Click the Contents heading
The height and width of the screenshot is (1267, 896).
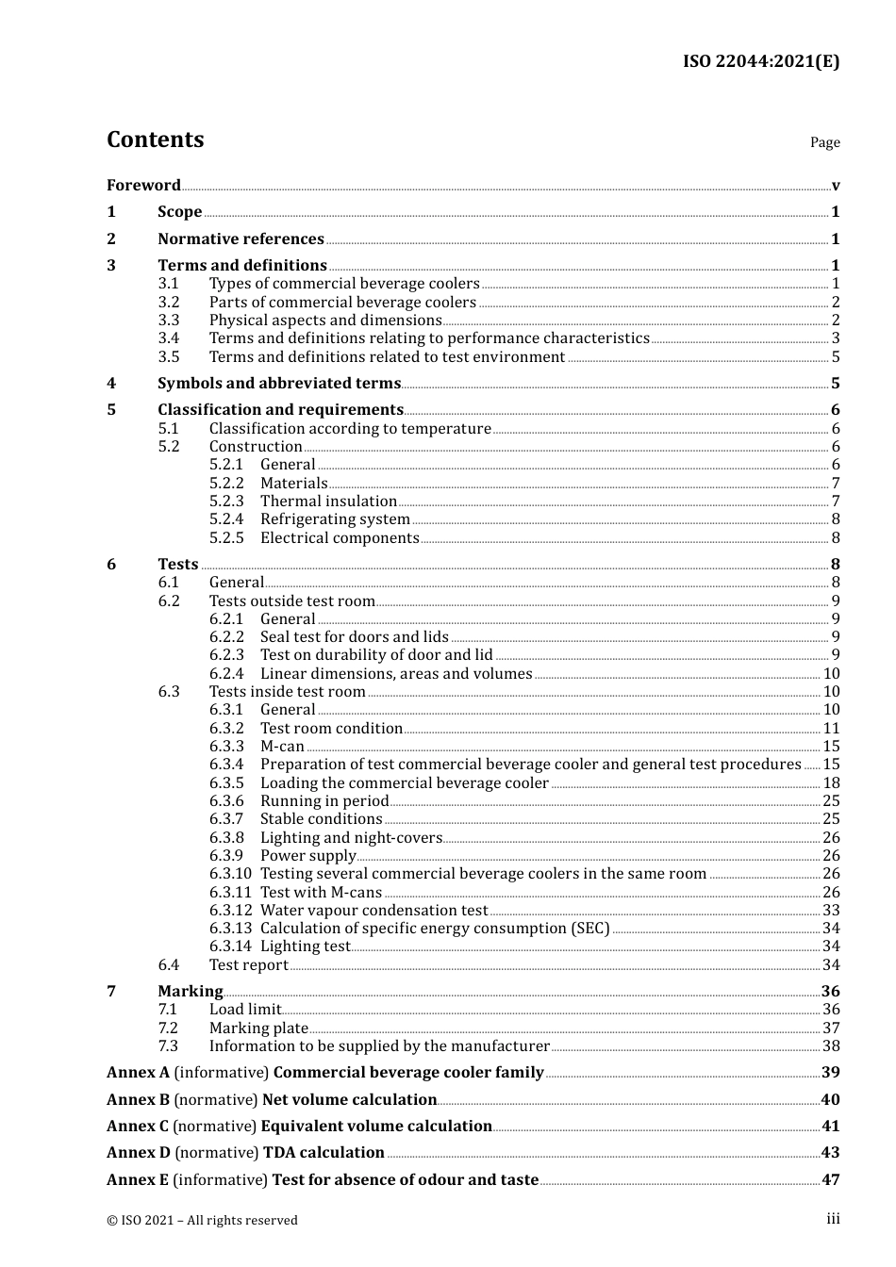click(x=155, y=140)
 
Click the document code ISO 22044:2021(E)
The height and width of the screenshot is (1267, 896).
click(x=760, y=61)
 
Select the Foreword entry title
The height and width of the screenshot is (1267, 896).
click(x=143, y=185)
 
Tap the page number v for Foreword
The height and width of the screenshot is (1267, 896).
click(x=836, y=186)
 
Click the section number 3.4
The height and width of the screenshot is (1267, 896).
click(x=169, y=338)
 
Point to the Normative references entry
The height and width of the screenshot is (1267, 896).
click(x=241, y=239)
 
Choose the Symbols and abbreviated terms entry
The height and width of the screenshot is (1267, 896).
click(x=279, y=384)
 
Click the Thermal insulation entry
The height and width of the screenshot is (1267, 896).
click(x=328, y=502)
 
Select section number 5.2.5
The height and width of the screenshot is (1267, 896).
click(x=226, y=538)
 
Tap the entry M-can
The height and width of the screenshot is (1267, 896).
click(x=282, y=747)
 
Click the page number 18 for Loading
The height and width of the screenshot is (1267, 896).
click(x=831, y=783)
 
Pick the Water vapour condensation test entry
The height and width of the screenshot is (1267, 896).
click(x=373, y=911)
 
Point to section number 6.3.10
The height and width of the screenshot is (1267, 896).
click(x=230, y=874)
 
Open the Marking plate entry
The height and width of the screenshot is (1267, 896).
click(x=258, y=1028)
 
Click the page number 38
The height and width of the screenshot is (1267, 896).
click(x=831, y=1046)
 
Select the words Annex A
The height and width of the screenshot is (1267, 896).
click(x=138, y=1073)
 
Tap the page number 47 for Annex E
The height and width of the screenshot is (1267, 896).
click(x=830, y=1180)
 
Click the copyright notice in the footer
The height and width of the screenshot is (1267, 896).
click(x=202, y=1221)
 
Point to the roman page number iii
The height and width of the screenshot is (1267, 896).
click(x=834, y=1219)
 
